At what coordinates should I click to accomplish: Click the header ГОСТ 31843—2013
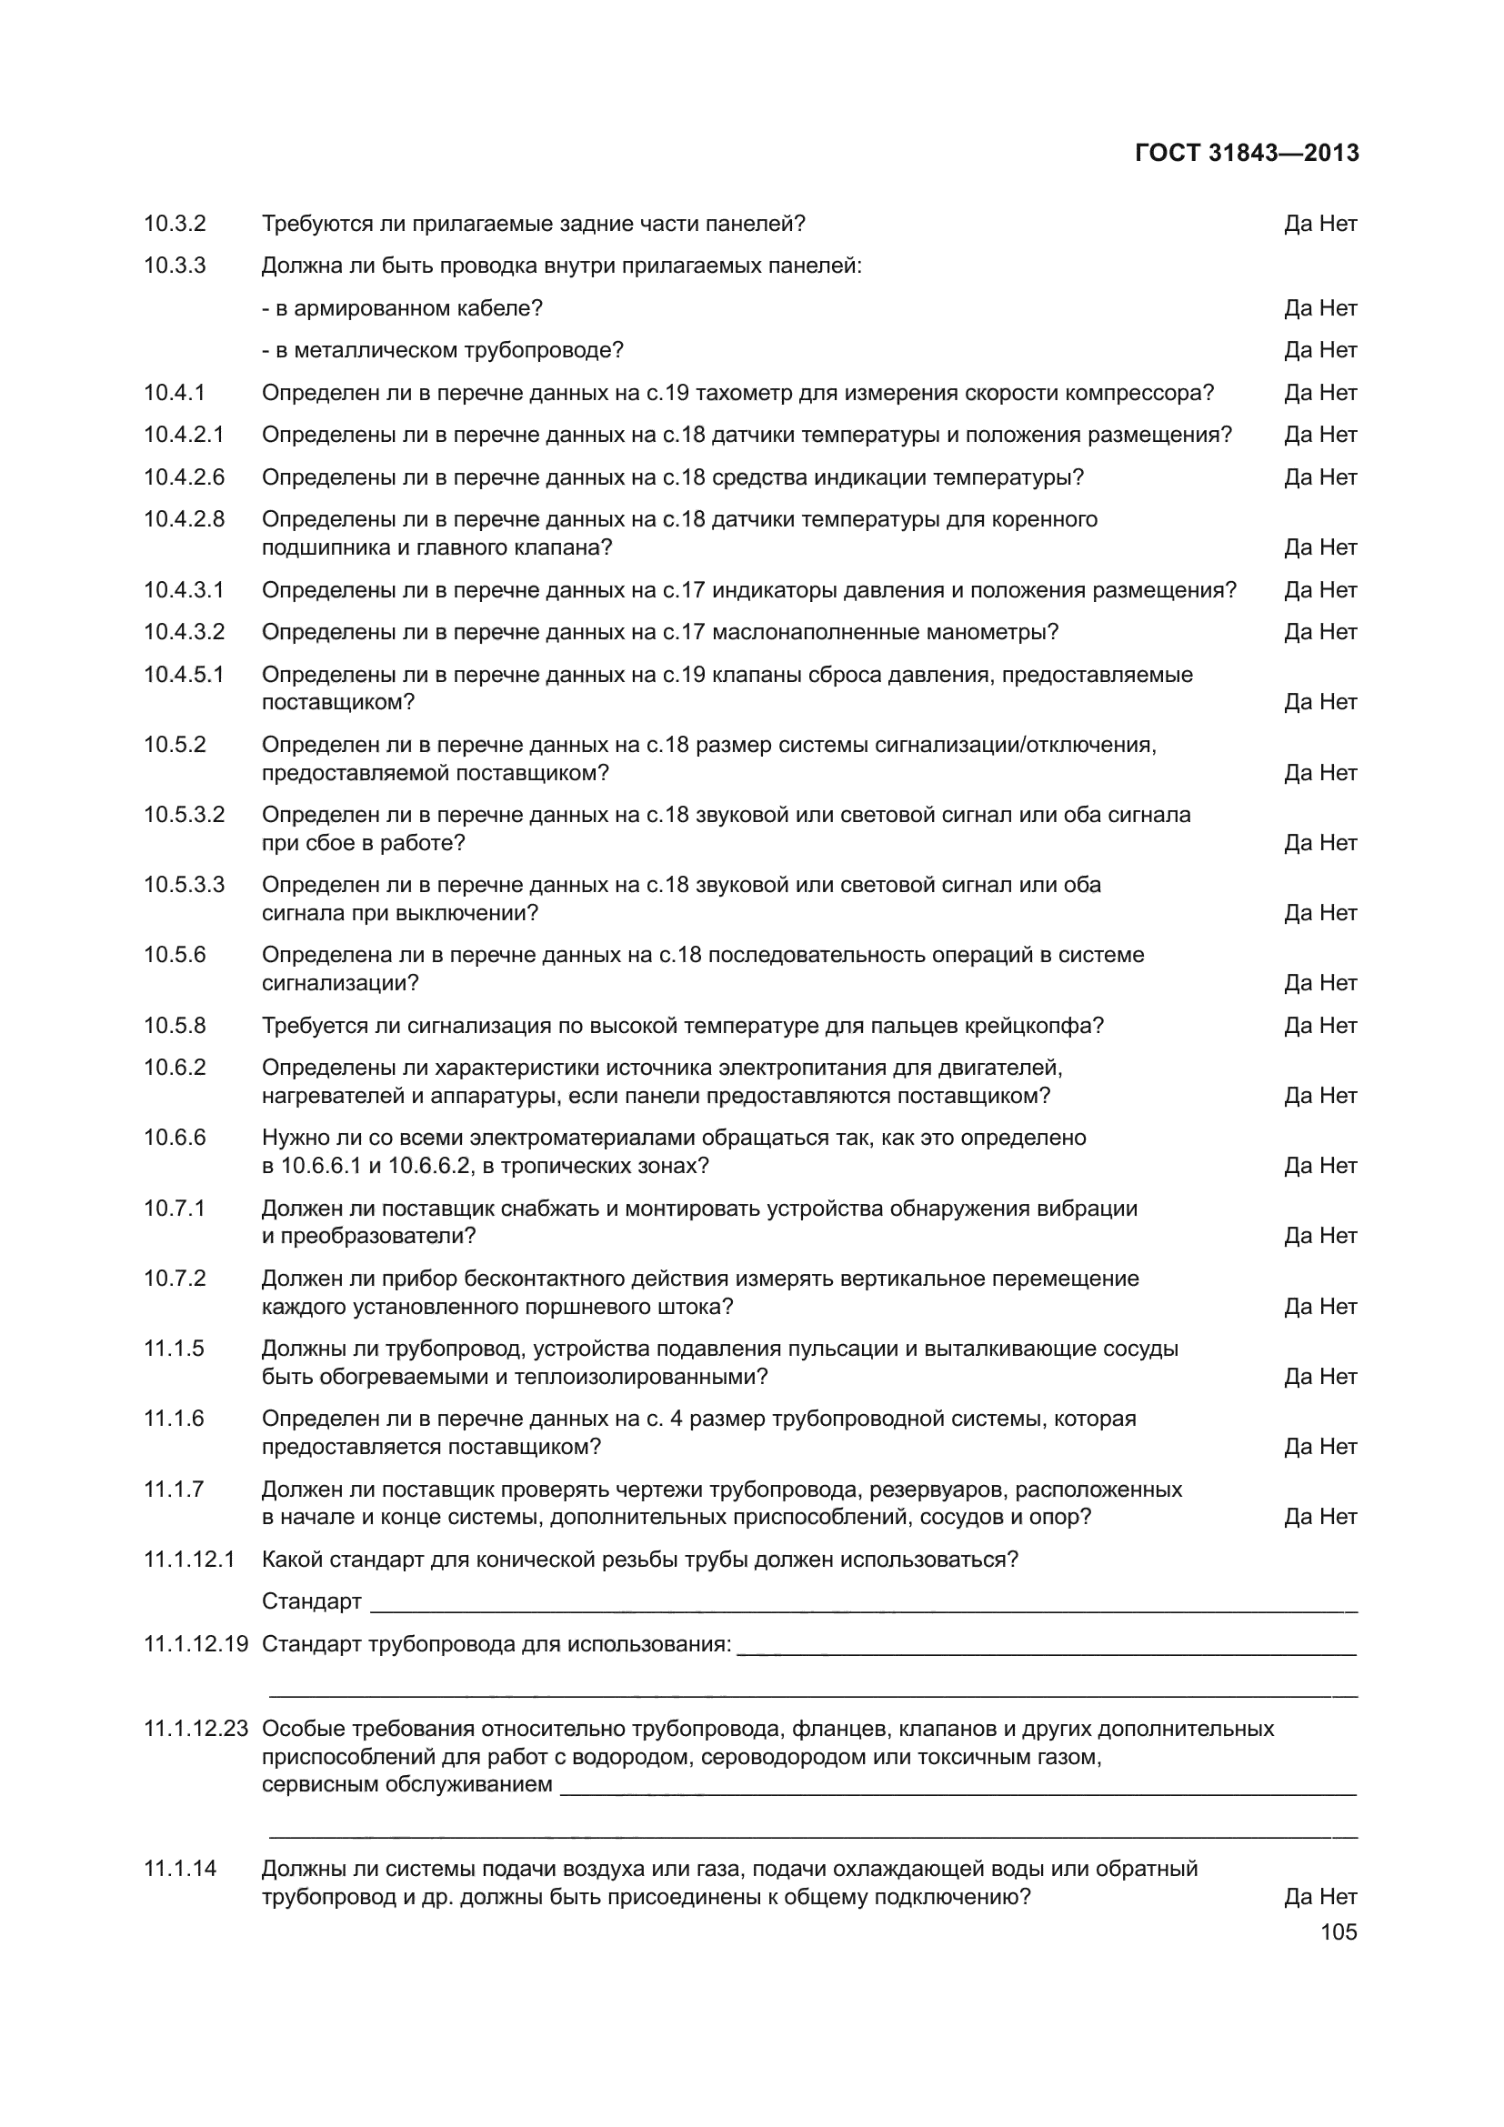1246,153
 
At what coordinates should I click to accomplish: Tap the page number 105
1339,1931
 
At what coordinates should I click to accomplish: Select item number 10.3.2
174,224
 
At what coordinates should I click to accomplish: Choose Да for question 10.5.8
1298,1026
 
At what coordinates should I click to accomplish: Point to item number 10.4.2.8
184,518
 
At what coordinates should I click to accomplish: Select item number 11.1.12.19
196,1643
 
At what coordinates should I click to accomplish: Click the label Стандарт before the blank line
311,1600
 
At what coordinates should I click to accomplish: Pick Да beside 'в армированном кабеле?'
1298,308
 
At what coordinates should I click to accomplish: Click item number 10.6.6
174,1137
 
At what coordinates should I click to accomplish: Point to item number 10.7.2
174,1279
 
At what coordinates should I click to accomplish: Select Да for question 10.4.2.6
1298,477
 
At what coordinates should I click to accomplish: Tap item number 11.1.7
173,1489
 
